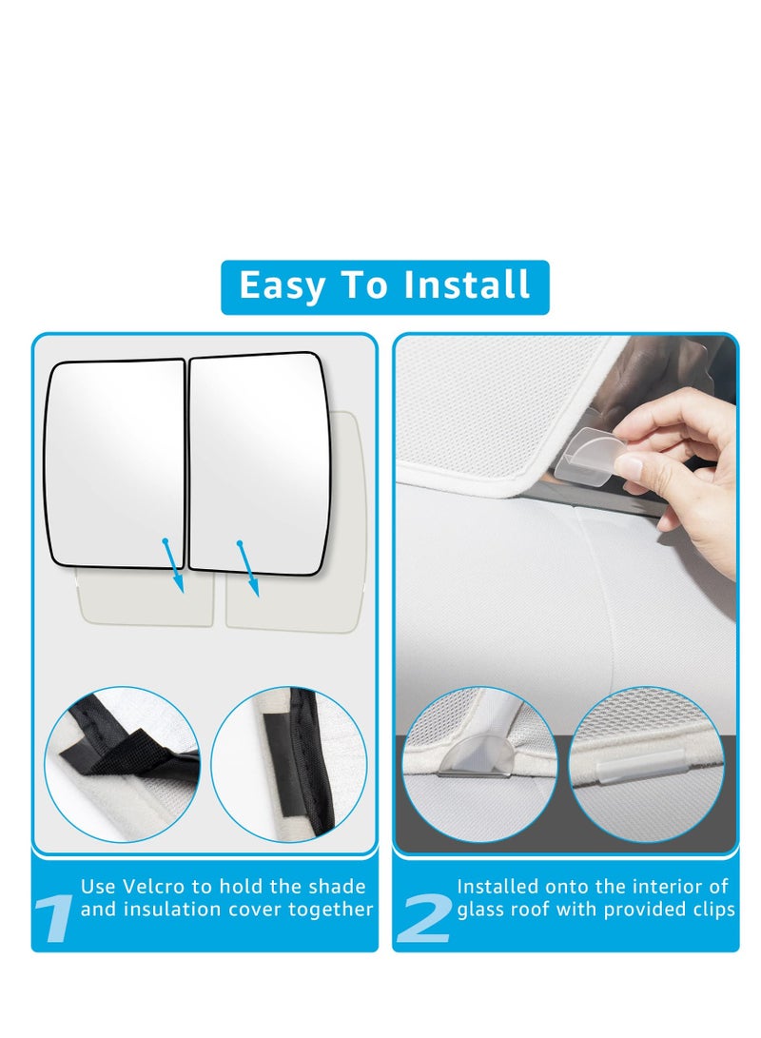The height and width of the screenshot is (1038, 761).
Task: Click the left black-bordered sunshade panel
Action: tap(116, 461)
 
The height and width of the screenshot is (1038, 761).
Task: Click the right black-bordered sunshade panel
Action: tap(259, 461)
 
